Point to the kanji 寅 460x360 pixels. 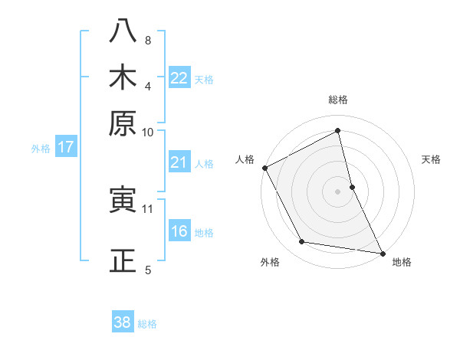point(122,201)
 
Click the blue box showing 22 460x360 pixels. point(179,78)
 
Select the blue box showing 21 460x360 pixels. point(179,162)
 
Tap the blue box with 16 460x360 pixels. point(179,231)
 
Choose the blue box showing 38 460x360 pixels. point(123,322)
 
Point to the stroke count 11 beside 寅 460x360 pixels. point(148,208)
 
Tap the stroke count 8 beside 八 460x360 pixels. point(147,40)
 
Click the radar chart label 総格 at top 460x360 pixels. point(338,100)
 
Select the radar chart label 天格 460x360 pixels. point(431,159)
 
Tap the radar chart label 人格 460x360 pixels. point(245,159)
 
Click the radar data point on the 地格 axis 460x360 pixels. point(382,253)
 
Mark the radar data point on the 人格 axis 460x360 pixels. point(264,168)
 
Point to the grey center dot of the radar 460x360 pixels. point(338,191)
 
